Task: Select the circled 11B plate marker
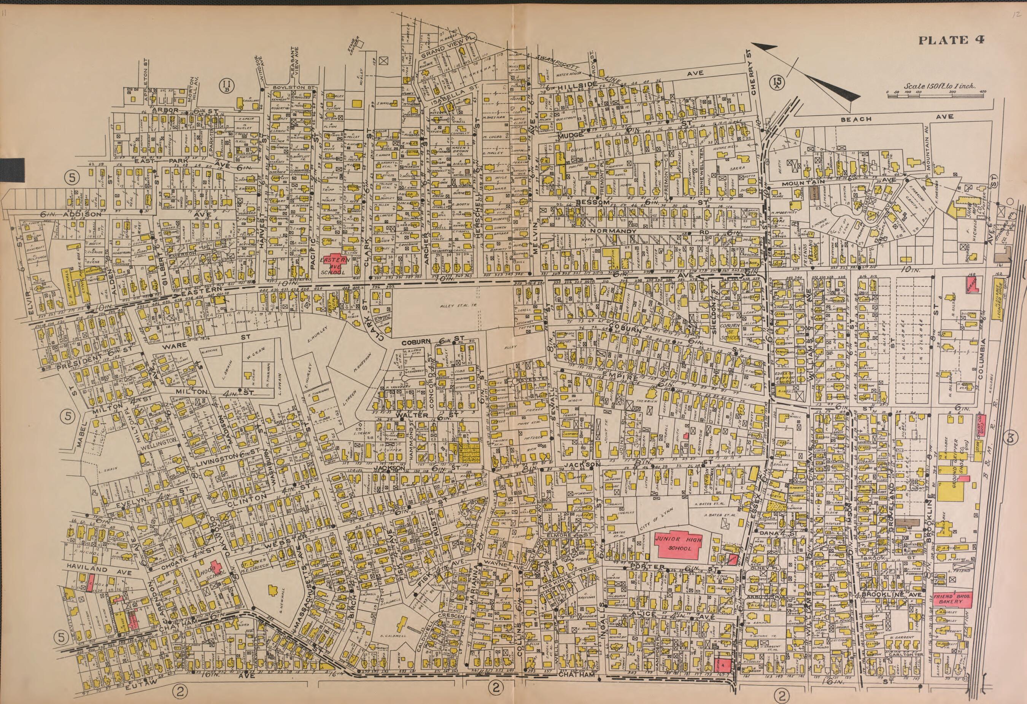click(227, 84)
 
